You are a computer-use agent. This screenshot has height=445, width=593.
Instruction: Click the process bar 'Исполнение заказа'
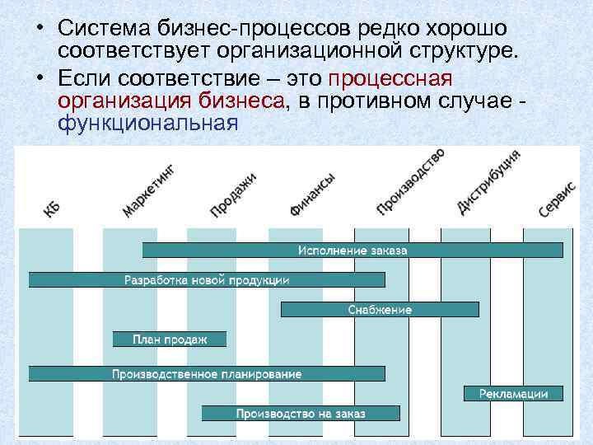353,250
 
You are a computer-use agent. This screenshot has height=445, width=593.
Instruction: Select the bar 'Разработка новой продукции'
207,279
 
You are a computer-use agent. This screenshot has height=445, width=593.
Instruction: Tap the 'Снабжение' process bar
380,309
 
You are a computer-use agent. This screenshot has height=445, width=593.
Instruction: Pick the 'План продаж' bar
170,339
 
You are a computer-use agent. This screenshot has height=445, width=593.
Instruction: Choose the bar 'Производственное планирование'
207,373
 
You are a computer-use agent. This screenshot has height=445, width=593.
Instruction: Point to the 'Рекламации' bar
514,393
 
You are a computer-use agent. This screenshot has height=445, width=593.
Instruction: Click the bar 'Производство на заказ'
301,413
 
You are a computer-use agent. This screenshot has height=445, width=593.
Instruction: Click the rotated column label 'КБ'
52,209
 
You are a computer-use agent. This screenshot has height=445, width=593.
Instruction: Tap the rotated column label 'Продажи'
233,194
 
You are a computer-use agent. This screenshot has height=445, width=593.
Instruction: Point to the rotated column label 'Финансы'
312,195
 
